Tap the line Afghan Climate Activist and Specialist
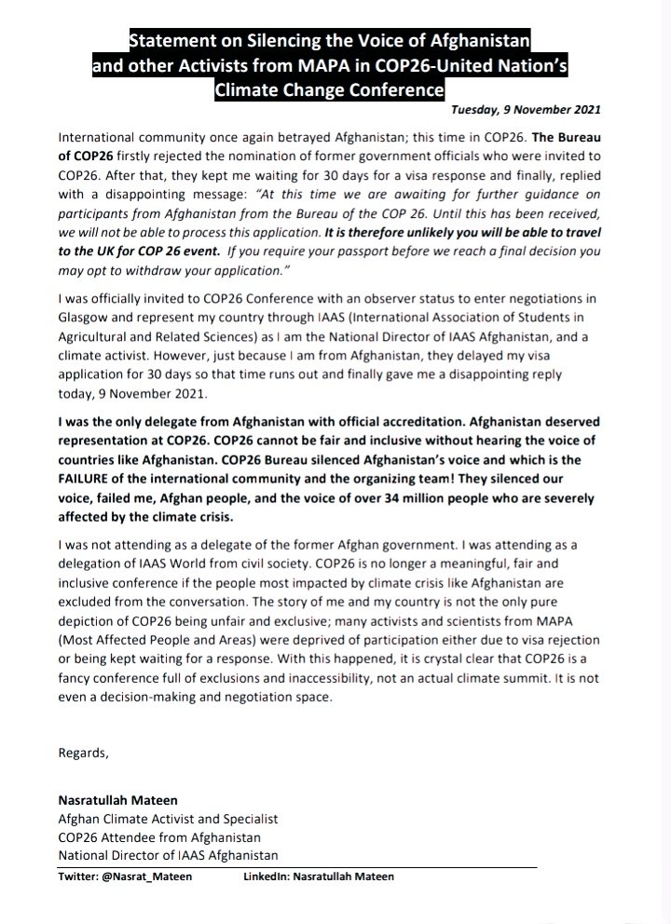(168, 820)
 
